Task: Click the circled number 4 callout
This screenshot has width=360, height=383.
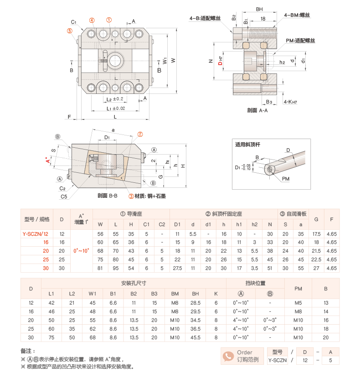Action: point(92,21)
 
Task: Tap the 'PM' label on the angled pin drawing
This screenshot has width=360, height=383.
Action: point(285,178)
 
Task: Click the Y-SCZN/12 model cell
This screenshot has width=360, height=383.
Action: point(37,234)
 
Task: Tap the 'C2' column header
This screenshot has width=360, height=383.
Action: point(162,224)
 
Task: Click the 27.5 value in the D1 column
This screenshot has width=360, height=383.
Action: point(177,269)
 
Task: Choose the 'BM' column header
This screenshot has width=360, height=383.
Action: point(175,294)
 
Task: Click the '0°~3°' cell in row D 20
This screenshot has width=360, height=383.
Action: point(270,320)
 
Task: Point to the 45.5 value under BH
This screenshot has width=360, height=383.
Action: point(195,337)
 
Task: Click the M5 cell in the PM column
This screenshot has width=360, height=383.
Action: point(298,303)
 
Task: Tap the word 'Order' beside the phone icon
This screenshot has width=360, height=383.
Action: point(244,352)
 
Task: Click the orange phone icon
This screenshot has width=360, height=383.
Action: point(228,356)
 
